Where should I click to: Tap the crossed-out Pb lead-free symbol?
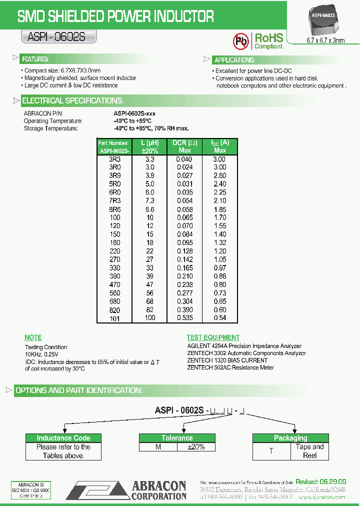point(241,41)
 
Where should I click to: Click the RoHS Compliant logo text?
point(269,41)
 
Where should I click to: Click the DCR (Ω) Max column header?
point(184,146)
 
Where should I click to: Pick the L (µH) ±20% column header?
point(149,146)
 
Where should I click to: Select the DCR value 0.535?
point(184,318)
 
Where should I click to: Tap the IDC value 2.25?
point(219,192)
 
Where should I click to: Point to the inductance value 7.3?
point(149,201)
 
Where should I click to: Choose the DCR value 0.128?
point(184,251)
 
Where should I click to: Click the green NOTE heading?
point(33,337)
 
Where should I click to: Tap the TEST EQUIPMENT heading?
point(213,337)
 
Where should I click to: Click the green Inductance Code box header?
point(63,438)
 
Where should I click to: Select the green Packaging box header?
point(290,438)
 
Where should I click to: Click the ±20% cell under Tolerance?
point(195,447)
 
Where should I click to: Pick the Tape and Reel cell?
point(310,451)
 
